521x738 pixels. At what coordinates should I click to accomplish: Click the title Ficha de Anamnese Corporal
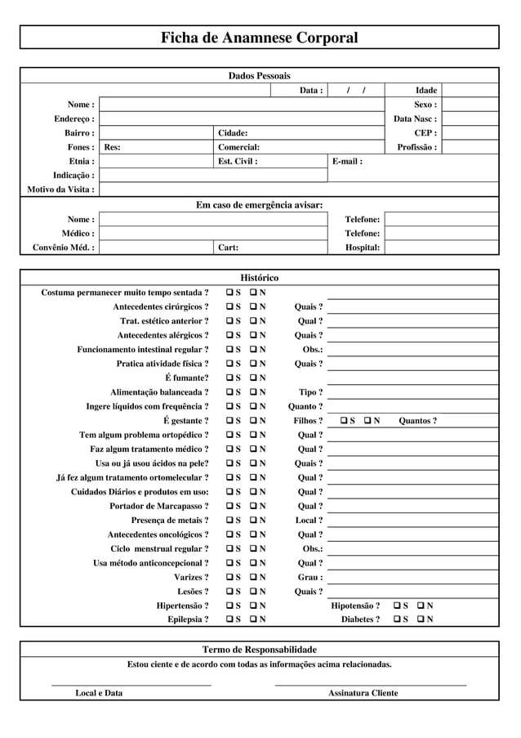click(x=259, y=38)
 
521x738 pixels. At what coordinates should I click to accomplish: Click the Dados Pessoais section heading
click(x=259, y=76)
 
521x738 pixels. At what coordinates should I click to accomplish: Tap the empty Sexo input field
click(x=470, y=105)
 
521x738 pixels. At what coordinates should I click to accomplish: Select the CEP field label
click(x=425, y=132)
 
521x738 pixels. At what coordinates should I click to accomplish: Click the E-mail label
click(x=347, y=161)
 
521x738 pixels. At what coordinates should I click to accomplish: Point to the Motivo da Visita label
click(x=61, y=190)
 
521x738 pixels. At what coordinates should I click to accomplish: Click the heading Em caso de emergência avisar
click(x=259, y=204)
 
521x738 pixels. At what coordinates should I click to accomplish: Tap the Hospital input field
click(x=441, y=248)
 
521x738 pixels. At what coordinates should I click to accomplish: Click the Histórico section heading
click(x=259, y=278)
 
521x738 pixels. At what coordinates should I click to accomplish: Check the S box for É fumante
click(x=231, y=378)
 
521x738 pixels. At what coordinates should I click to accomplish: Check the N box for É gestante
click(x=254, y=421)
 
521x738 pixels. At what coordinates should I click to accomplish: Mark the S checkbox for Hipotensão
click(x=398, y=606)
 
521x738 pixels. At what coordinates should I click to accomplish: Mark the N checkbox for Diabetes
click(x=421, y=619)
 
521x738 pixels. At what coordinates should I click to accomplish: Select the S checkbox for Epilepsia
click(x=231, y=619)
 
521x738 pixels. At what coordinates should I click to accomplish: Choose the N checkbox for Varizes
click(x=254, y=577)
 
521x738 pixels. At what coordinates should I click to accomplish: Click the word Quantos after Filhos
click(x=417, y=421)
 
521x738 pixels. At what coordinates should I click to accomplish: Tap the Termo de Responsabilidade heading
click(x=259, y=649)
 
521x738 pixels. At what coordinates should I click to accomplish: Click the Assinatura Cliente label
click(x=363, y=693)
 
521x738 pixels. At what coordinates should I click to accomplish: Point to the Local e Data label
click(x=100, y=693)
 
